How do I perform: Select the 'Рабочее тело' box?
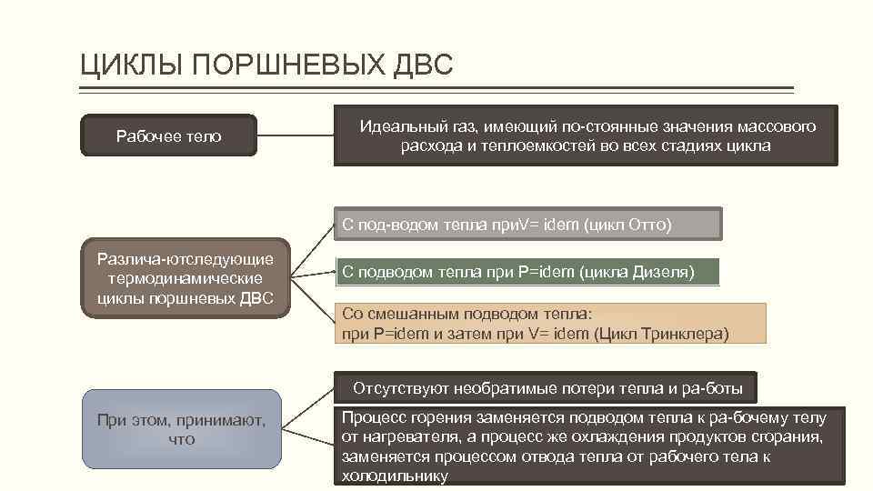[x=169, y=136]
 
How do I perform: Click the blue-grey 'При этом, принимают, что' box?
[x=181, y=429]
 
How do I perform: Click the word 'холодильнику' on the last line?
[x=395, y=476]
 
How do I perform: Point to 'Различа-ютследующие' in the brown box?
[x=186, y=260]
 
